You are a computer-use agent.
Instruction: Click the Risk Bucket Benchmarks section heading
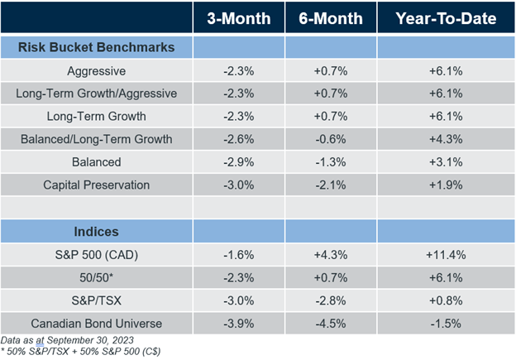tap(97, 47)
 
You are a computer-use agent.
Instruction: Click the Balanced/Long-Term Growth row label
tap(97, 138)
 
